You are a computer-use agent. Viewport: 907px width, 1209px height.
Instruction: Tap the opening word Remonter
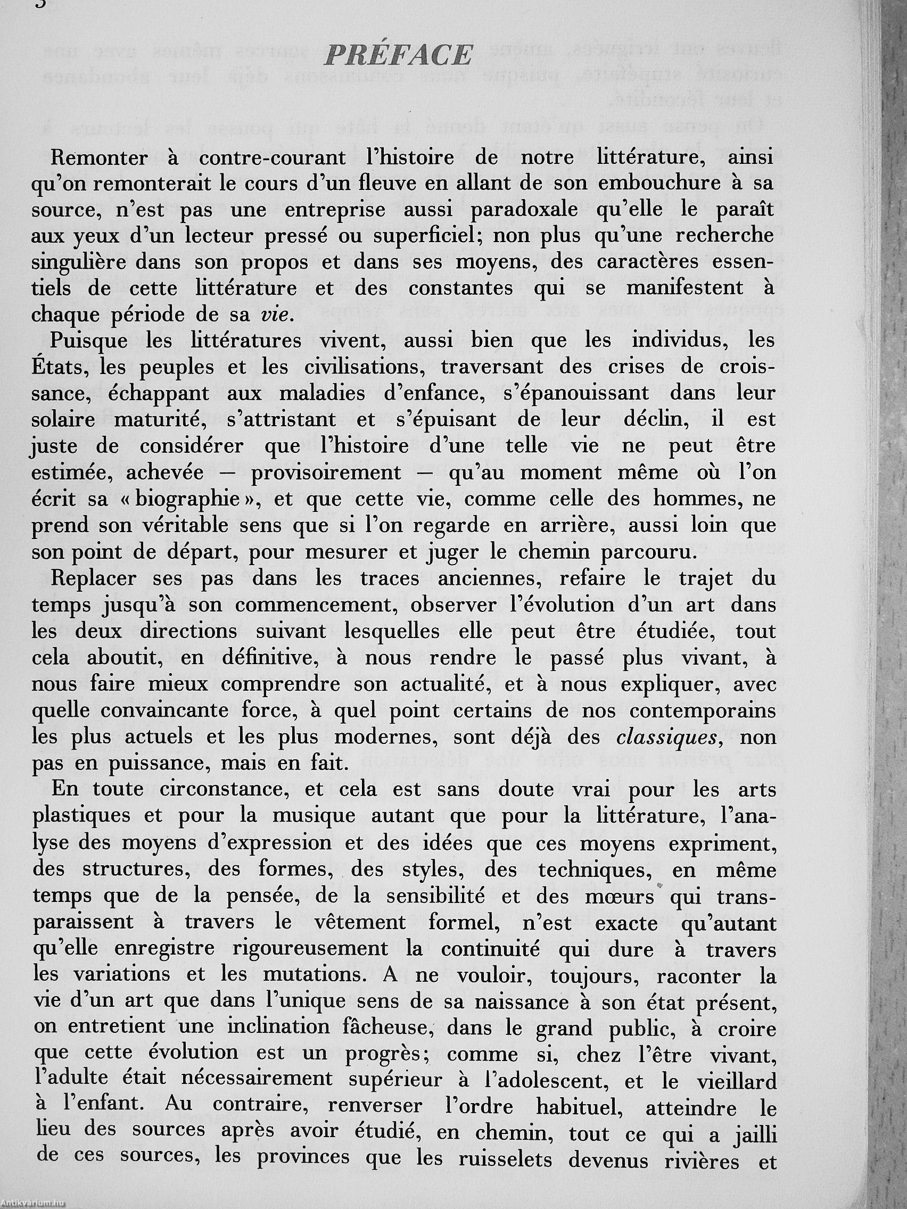(99, 158)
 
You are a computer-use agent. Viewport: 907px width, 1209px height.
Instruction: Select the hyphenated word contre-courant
(273, 158)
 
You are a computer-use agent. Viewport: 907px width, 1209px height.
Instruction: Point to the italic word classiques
(666, 738)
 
